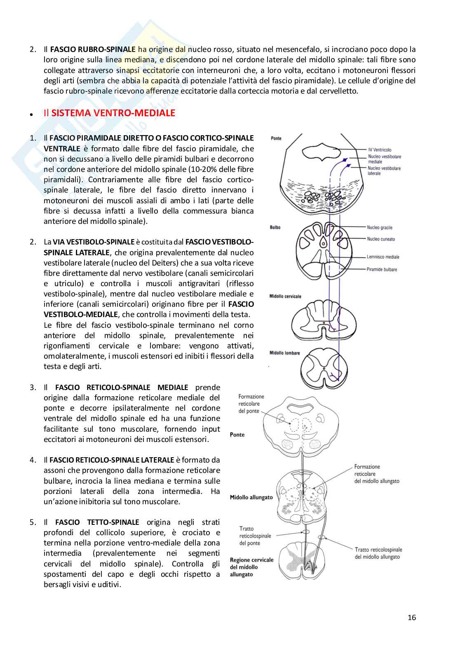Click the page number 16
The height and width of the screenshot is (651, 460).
pyautogui.click(x=411, y=617)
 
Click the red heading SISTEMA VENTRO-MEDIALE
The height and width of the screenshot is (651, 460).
pyautogui.click(x=113, y=113)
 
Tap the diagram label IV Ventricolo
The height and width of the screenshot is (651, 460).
pyautogui.click(x=380, y=150)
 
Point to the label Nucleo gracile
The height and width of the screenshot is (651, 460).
pyautogui.click(x=380, y=227)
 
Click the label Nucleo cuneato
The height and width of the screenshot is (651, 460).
pyautogui.click(x=381, y=239)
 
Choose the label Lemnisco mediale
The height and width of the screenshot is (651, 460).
pyautogui.click(x=383, y=257)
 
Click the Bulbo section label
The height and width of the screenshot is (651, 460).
pyautogui.click(x=275, y=227)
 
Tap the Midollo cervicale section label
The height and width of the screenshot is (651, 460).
pyautogui.click(x=285, y=296)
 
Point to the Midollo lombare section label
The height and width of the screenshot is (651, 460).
pyautogui.click(x=284, y=353)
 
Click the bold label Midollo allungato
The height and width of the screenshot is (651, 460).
pyautogui.click(x=251, y=497)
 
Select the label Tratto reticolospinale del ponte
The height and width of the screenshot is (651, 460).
pyautogui.click(x=255, y=536)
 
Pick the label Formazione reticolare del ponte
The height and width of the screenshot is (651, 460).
pyautogui.click(x=251, y=404)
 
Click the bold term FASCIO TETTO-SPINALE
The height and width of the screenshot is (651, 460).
pyautogui.click(x=97, y=522)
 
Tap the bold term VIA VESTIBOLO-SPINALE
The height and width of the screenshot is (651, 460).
pyautogui.click(x=94, y=242)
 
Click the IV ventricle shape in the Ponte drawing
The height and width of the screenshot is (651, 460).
pyautogui.click(x=322, y=151)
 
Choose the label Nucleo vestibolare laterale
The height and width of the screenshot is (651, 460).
pyautogui.click(x=384, y=171)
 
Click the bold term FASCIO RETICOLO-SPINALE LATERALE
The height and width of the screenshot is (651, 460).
pyautogui.click(x=111, y=460)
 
